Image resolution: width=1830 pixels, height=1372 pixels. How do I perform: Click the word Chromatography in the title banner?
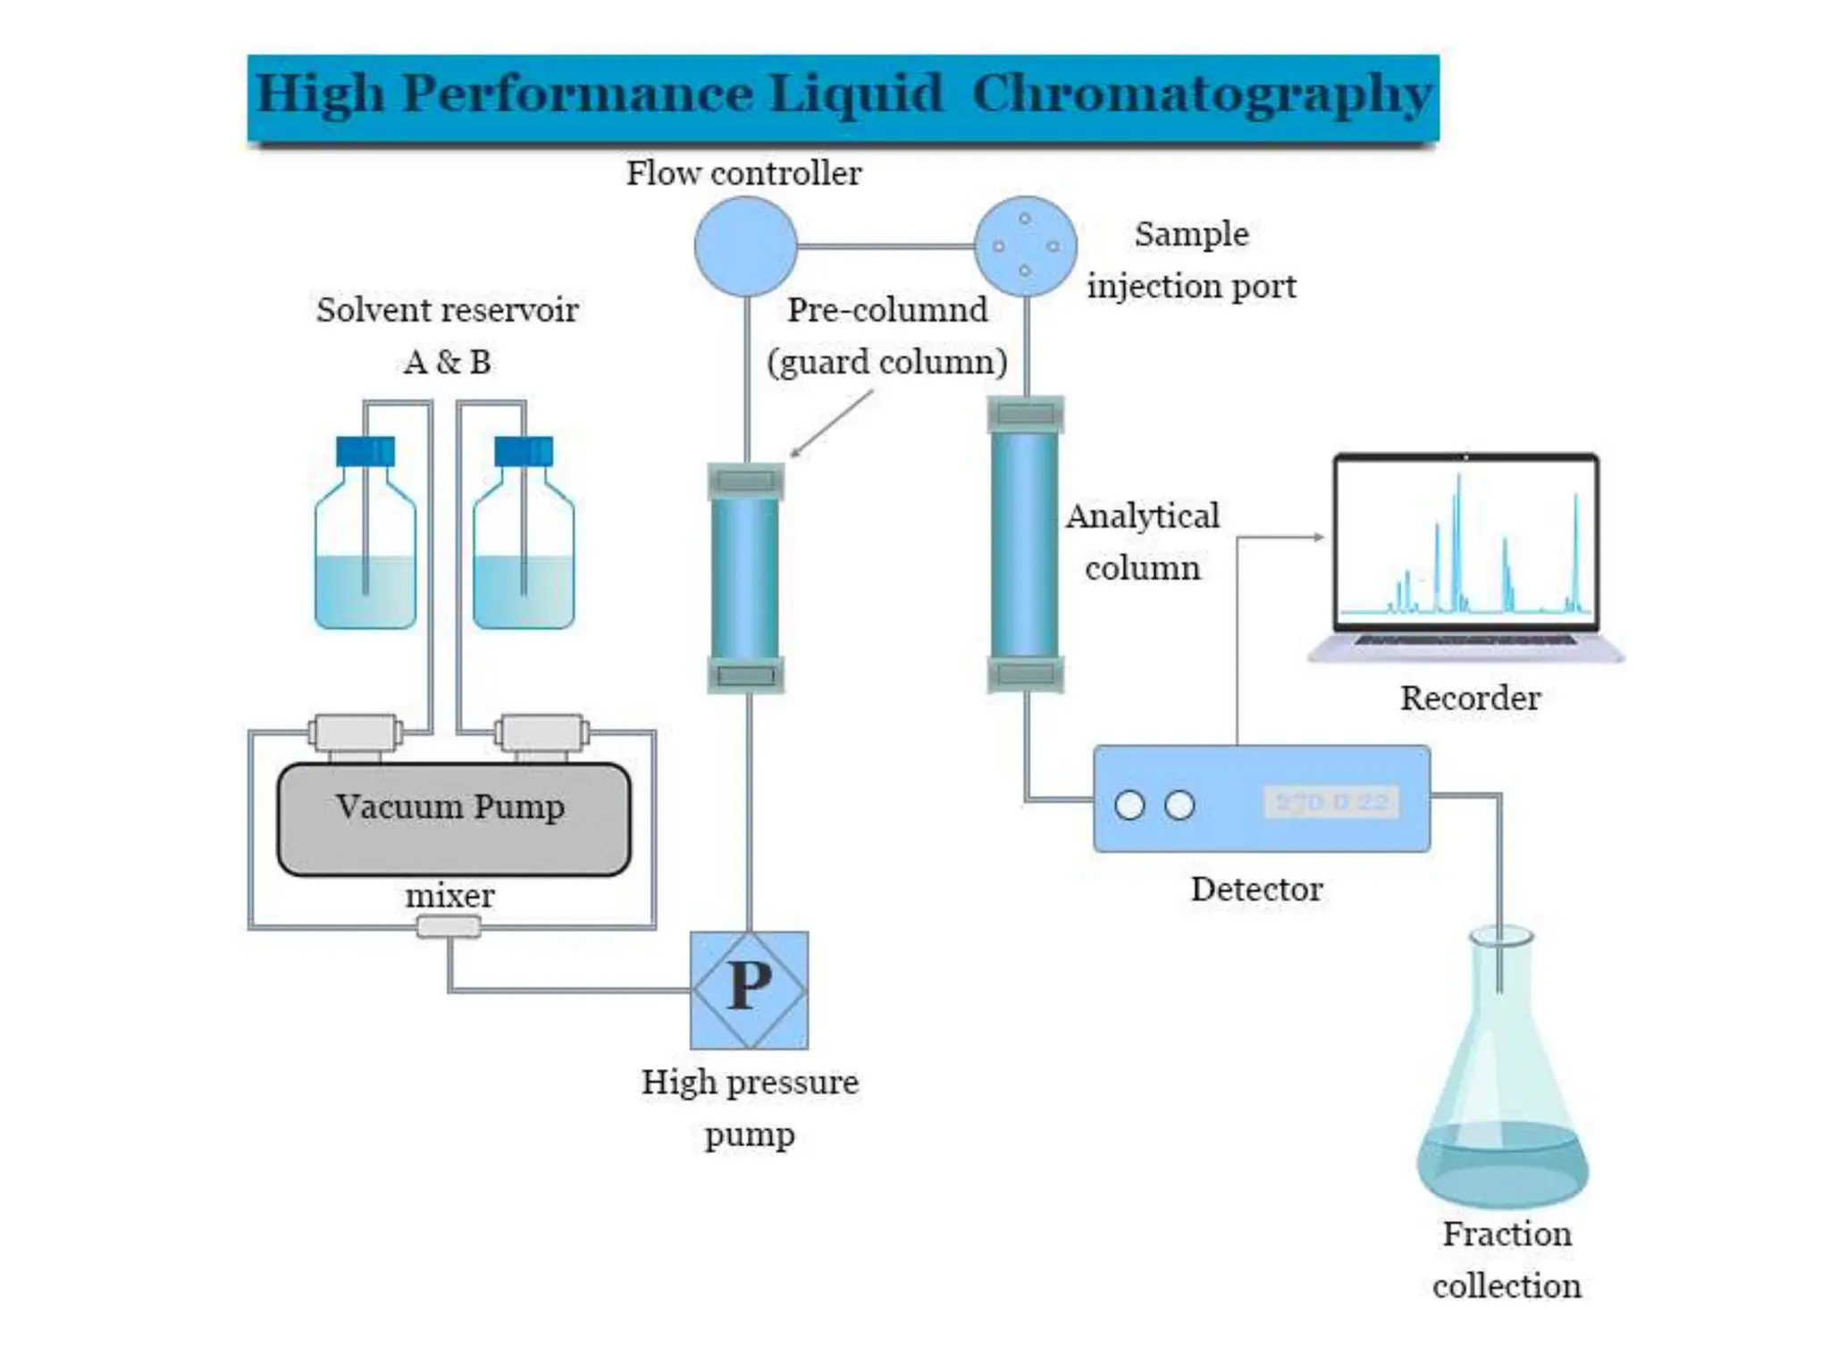pyautogui.click(x=1202, y=95)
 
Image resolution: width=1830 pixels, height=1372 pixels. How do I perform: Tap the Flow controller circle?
pyautogui.click(x=745, y=247)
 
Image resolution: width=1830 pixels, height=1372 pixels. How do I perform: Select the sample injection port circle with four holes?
pyautogui.click(x=1025, y=247)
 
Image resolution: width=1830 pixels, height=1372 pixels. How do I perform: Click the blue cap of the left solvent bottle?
pyautogui.click(x=365, y=451)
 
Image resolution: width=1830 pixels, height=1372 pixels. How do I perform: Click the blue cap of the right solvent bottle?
pyautogui.click(x=524, y=451)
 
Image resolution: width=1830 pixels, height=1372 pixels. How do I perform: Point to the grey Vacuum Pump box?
pyautogui.click(x=454, y=819)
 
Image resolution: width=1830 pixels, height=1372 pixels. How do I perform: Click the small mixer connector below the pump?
pyautogui.click(x=449, y=927)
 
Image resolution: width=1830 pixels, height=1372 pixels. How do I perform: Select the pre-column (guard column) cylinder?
pyautogui.click(x=745, y=579)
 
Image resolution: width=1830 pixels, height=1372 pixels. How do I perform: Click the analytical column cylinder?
pyautogui.click(x=1025, y=545)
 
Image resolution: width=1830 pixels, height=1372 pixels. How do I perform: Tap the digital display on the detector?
pyautogui.click(x=1331, y=802)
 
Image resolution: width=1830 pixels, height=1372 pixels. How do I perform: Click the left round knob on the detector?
pyautogui.click(x=1129, y=805)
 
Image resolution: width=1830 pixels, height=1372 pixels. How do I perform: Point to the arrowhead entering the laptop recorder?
pyautogui.click(x=1318, y=537)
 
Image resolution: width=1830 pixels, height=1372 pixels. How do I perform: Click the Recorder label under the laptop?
pyautogui.click(x=1470, y=698)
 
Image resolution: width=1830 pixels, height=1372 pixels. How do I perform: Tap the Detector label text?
pyautogui.click(x=1256, y=889)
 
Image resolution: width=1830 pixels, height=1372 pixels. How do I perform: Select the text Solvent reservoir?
pyautogui.click(x=447, y=310)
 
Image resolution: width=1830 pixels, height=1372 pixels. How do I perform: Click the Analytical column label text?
pyautogui.click(x=1142, y=541)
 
